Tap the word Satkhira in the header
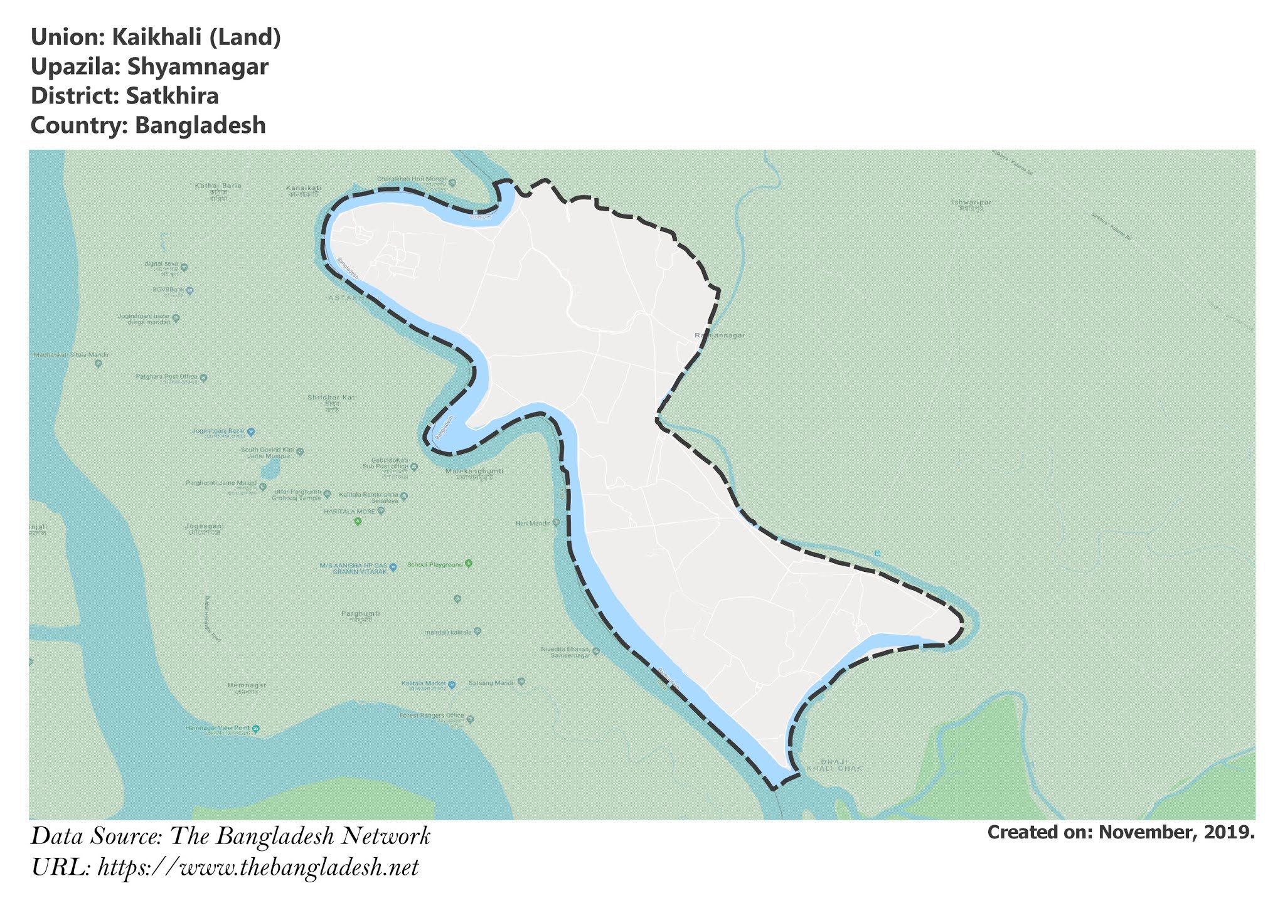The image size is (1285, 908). [172, 96]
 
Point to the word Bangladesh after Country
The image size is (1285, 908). [200, 125]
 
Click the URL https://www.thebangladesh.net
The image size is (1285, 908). [258, 868]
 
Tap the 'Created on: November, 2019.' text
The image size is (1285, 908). [1121, 833]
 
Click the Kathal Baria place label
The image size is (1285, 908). [218, 186]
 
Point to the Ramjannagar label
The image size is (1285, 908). [720, 335]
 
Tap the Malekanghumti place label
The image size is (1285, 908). [474, 471]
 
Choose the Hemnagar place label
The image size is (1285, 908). [247, 685]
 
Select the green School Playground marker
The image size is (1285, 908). [468, 564]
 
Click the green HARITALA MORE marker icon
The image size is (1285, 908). [358, 521]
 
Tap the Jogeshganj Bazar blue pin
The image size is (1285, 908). [251, 432]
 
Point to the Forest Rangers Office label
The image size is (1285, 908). [432, 715]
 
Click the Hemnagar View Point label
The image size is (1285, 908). [217, 728]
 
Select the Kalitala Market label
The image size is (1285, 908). [424, 683]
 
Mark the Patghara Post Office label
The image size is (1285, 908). [167, 377]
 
